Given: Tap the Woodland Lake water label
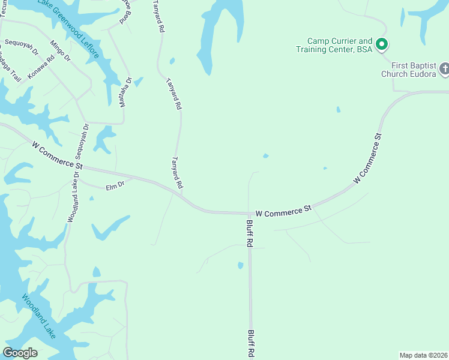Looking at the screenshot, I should [39, 316].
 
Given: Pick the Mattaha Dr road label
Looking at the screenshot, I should [124, 92].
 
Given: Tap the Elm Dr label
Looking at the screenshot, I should [115, 187].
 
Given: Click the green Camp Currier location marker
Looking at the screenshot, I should [381, 44].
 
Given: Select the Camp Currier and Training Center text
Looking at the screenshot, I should [334, 45].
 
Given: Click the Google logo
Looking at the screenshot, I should [20, 353].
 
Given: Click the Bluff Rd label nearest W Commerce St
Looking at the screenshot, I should [250, 233].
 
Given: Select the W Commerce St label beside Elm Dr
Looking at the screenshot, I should [58, 154].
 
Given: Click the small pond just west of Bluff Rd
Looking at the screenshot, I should [241, 265].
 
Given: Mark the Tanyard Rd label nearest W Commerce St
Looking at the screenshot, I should [177, 174].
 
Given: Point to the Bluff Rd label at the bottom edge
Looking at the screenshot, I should [252, 344].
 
